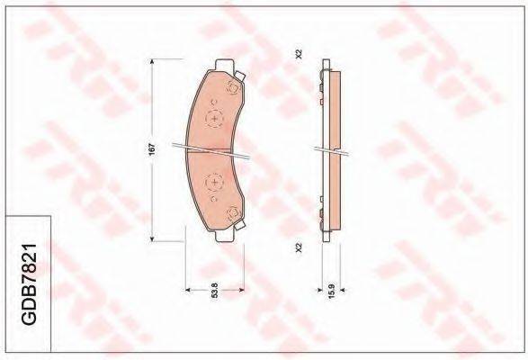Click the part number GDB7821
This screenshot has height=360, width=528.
[x=29, y=284]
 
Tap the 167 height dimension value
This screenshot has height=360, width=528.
[x=152, y=149]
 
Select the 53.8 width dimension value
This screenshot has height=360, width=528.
[x=215, y=290]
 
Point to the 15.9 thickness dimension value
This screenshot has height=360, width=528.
[x=331, y=291]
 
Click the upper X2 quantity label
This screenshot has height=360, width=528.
[x=299, y=55]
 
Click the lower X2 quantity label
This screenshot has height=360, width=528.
[x=299, y=247]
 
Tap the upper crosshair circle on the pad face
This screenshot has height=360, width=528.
[x=214, y=119]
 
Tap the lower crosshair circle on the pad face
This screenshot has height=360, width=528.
[x=214, y=183]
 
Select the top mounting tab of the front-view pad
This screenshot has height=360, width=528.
[x=225, y=65]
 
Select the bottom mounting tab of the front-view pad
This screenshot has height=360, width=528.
[x=224, y=237]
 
